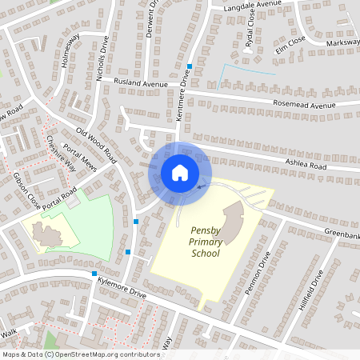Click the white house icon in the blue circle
(180, 173)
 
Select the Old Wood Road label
(97, 146)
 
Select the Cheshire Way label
(61, 153)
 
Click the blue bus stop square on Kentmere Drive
(190, 66)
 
